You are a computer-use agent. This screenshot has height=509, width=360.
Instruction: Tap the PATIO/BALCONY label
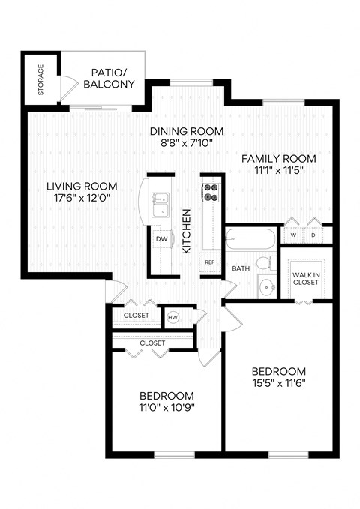[112, 79]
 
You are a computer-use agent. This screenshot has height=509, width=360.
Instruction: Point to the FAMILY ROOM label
[278, 159]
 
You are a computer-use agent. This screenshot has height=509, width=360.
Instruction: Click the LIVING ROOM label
[81, 187]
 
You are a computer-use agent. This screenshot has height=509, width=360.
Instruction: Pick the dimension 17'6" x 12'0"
[81, 199]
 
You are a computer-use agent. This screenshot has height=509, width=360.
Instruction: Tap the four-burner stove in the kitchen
[210, 193]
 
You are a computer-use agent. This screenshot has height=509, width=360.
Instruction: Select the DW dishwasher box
[161, 239]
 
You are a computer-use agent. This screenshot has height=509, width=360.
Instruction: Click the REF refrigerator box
[210, 263]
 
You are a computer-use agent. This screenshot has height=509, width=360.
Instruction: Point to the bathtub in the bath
[249, 240]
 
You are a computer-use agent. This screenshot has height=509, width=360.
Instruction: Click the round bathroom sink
[265, 286]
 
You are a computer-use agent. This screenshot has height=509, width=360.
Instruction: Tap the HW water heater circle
[172, 317]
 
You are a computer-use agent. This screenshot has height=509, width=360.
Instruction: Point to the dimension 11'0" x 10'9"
[166, 408]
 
